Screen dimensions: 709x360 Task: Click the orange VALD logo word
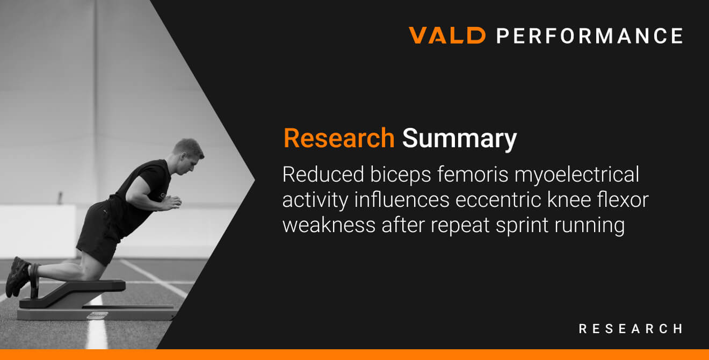click(x=447, y=35)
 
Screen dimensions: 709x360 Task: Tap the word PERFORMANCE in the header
click(x=590, y=35)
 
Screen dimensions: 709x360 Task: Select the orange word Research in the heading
click(x=339, y=138)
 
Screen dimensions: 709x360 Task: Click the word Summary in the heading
click(x=460, y=139)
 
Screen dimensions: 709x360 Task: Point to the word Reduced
click(x=323, y=174)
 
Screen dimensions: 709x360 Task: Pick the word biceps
click(x=400, y=176)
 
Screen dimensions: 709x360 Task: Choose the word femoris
click(x=473, y=174)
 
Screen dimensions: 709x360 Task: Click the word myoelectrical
click(x=577, y=176)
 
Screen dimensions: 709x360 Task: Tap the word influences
click(x=402, y=200)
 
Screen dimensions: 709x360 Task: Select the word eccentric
click(x=498, y=200)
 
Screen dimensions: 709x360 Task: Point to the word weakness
click(x=329, y=225)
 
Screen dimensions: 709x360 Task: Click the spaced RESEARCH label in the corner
click(x=631, y=329)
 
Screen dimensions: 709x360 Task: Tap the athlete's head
click(x=187, y=157)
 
